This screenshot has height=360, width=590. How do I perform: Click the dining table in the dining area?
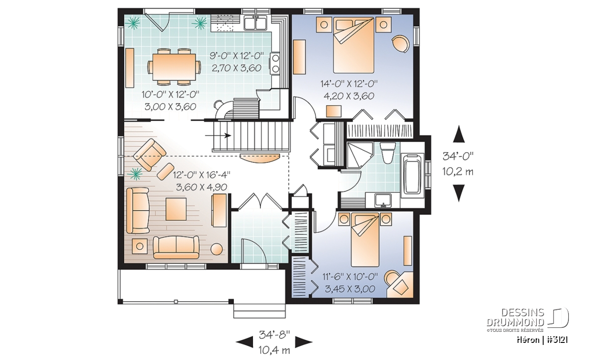click(174, 66)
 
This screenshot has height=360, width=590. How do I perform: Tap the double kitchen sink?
click(256, 23)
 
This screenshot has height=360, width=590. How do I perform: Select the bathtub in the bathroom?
click(412, 174)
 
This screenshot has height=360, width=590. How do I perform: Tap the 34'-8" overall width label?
click(274, 334)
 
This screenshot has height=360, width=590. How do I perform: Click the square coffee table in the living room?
click(176, 209)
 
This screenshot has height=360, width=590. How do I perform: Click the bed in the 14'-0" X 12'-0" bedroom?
click(354, 45)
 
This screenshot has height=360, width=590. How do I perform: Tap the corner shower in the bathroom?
click(359, 155)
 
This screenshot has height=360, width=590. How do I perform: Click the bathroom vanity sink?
click(383, 200)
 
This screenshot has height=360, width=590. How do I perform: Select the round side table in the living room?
click(216, 249)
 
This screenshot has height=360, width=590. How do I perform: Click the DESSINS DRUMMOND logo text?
click(516, 317)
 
